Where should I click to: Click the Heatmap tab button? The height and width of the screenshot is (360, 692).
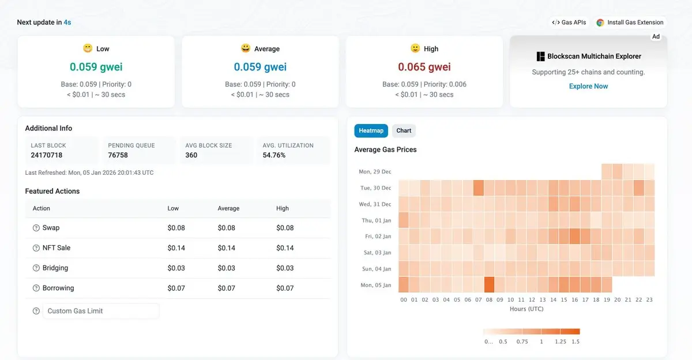[371, 130]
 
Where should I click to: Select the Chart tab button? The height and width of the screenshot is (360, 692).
[404, 130]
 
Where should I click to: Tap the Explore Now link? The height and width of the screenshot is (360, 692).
[588, 86]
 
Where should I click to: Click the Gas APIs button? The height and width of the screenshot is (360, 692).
[569, 22]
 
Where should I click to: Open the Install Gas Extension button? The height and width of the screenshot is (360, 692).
[630, 22]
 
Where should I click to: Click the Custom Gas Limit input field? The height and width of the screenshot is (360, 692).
[101, 311]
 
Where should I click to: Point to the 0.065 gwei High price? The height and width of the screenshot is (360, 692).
[424, 67]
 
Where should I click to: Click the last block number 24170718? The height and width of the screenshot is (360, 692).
[47, 155]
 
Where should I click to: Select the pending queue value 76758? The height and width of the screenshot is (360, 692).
[118, 155]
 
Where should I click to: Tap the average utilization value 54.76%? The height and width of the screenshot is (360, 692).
[274, 155]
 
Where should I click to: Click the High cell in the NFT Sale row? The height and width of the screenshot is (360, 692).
[285, 248]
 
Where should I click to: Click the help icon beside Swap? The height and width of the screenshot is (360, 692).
[36, 228]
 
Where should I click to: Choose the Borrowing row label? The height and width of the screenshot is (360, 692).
[58, 288]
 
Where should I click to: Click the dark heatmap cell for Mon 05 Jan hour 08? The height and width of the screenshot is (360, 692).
[489, 285]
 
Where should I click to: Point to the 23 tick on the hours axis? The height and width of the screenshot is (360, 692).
[649, 300]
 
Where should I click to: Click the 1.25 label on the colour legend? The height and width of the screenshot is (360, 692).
[561, 342]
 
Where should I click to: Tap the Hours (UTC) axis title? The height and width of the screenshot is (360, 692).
[526, 309]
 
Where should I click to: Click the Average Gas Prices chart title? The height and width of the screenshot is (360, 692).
[385, 149]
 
